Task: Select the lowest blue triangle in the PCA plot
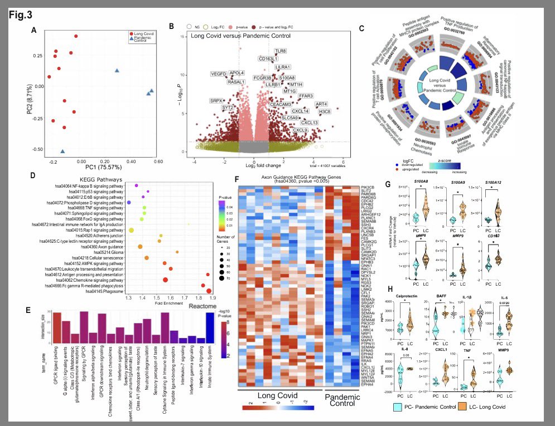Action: (62, 151)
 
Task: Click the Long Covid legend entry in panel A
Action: (144, 34)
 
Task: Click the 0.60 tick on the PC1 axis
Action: (157, 161)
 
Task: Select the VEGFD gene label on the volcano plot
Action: (219, 74)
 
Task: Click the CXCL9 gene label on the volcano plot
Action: (301, 130)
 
